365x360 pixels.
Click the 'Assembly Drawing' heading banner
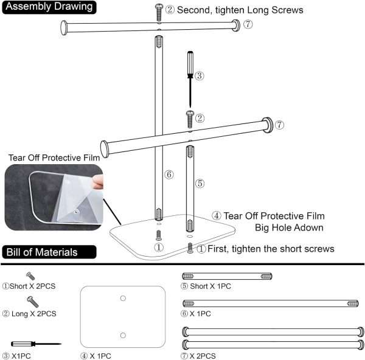tap(49, 7)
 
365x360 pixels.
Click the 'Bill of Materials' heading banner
tap(49, 252)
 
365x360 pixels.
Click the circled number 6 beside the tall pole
tap(169, 175)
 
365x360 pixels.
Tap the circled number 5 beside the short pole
tap(199, 182)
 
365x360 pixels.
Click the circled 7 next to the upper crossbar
tap(248, 24)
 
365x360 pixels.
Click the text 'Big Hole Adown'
tap(290, 228)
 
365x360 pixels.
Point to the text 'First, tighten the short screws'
tap(271, 248)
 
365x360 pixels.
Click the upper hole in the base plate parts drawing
tap(123, 299)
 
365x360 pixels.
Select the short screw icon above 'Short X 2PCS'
tap(30, 275)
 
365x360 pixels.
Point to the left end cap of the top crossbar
tap(64, 27)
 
